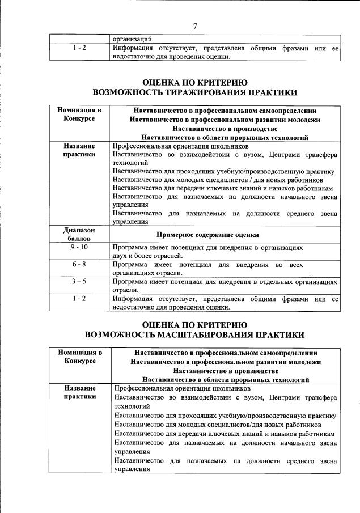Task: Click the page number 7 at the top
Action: click(x=195, y=26)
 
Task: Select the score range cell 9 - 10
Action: click(x=79, y=248)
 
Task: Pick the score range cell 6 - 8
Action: click(x=79, y=265)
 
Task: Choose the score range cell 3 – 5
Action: click(x=79, y=281)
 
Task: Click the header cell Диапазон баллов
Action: click(x=79, y=235)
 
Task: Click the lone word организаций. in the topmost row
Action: click(x=132, y=40)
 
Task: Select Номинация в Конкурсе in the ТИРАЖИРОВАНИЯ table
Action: click(x=79, y=114)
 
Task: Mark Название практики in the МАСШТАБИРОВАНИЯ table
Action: click(x=79, y=393)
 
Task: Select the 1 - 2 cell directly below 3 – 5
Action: click(x=79, y=298)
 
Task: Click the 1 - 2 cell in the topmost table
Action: click(x=79, y=49)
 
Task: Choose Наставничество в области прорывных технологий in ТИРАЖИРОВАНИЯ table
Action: click(x=225, y=137)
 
